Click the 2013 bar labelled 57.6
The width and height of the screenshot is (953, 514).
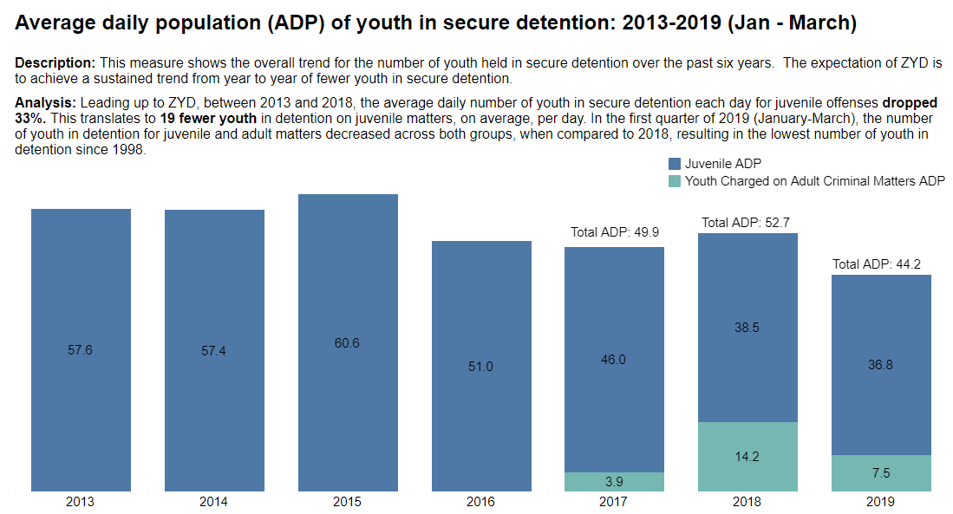[81, 350]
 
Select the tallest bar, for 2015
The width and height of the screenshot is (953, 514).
[348, 342]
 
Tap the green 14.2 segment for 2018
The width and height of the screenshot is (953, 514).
[747, 457]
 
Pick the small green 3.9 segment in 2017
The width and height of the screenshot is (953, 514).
[614, 482]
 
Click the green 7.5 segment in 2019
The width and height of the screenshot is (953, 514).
[881, 473]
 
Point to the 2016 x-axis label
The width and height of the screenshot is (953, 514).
[481, 502]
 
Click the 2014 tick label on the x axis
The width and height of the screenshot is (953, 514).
[214, 502]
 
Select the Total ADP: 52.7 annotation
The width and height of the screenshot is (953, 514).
[746, 223]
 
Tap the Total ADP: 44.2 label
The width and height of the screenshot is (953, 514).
[879, 264]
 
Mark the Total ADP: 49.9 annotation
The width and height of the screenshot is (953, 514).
[614, 232]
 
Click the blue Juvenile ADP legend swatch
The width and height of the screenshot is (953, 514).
[675, 164]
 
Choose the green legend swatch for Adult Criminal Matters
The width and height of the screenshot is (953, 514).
[675, 181]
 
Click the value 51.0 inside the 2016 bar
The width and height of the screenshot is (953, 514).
[480, 367]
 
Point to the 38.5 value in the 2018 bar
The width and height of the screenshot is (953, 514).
[747, 328]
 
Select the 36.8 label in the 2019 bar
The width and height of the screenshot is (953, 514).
[880, 365]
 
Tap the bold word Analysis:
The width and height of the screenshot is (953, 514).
[46, 102]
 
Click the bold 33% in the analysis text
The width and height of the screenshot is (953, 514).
[30, 117]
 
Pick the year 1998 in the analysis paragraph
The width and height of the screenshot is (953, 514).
[127, 149]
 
